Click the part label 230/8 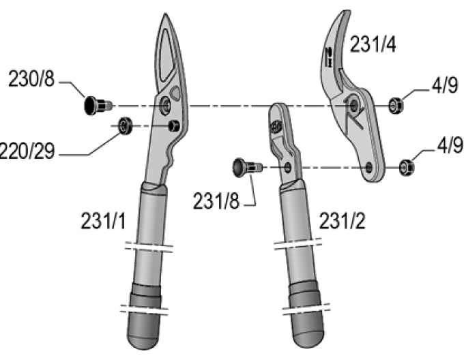[31, 80]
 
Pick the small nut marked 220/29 [124, 125]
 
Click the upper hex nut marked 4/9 [394, 105]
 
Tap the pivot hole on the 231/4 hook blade [354, 105]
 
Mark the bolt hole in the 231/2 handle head [289, 166]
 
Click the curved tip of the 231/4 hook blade [340, 17]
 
